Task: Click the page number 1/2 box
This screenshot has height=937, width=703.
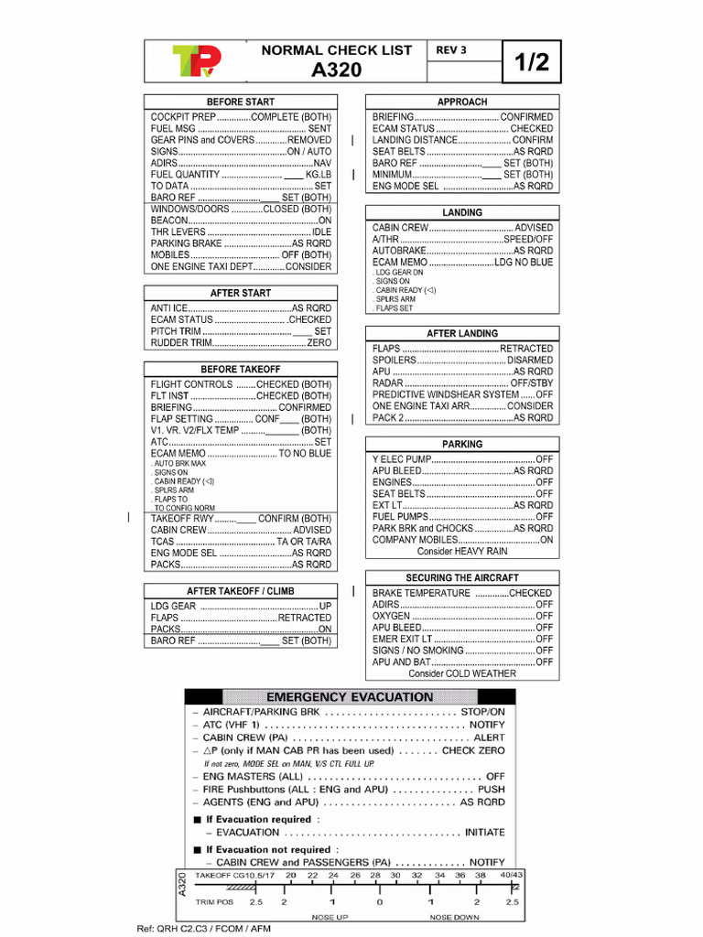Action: (x=531, y=61)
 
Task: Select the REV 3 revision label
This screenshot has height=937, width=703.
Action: (x=451, y=50)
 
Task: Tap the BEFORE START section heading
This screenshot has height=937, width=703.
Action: (x=240, y=102)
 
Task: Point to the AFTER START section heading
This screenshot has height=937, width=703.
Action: (x=240, y=293)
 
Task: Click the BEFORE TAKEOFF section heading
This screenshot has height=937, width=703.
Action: (x=240, y=369)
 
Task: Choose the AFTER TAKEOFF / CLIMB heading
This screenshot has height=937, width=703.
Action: (x=240, y=591)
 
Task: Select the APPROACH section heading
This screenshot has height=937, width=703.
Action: (x=462, y=102)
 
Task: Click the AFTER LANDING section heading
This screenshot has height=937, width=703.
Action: (x=462, y=334)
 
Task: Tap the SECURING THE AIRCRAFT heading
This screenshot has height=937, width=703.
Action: (x=462, y=578)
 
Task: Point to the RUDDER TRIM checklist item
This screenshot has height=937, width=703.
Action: (x=182, y=343)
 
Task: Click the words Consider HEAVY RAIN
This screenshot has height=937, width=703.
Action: (x=462, y=552)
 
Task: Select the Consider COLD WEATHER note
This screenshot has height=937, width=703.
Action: (x=462, y=673)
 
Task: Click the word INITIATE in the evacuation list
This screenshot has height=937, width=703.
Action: (x=484, y=833)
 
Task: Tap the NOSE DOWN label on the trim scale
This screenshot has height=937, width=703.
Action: (x=454, y=917)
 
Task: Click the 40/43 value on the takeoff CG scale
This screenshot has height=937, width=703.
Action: (x=511, y=876)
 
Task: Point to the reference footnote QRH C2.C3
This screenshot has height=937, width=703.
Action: (x=203, y=929)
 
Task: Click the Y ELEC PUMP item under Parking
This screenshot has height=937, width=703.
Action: (x=401, y=458)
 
